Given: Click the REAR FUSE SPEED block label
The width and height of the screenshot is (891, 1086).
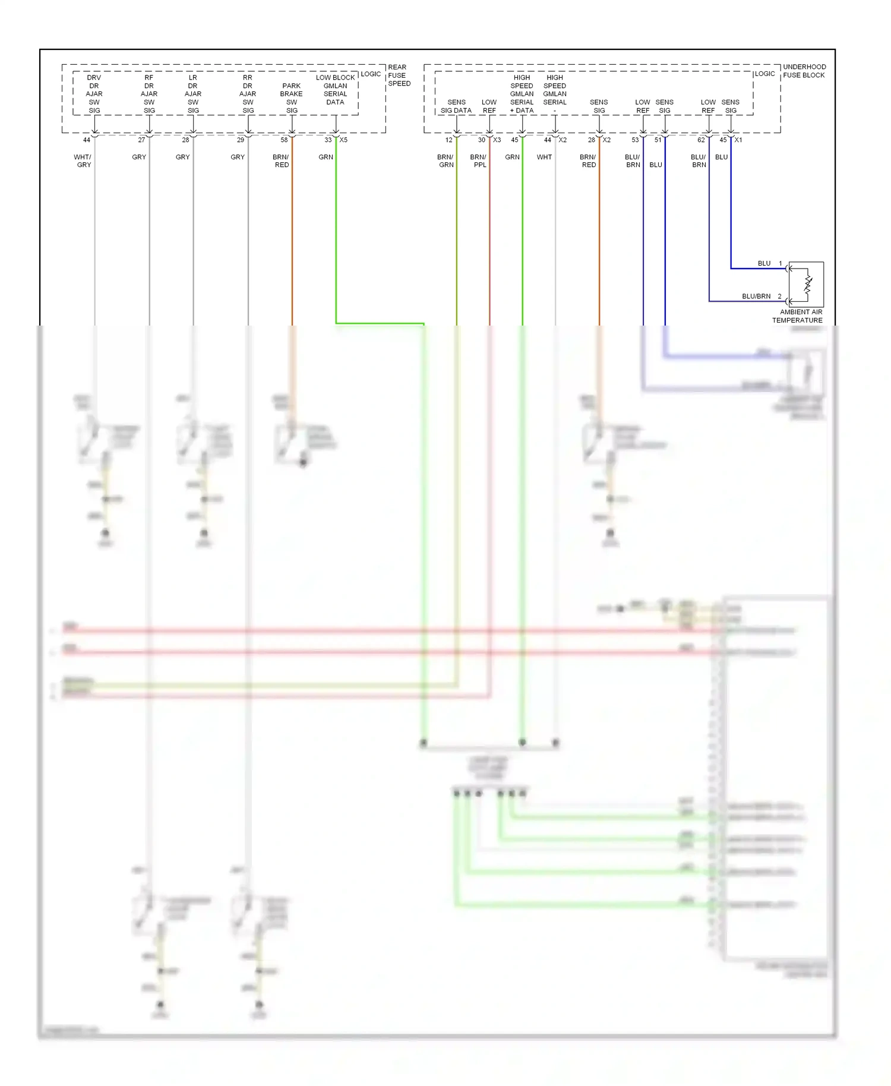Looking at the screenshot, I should tap(399, 75).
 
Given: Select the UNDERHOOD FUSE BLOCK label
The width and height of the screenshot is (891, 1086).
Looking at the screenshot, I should tap(804, 71).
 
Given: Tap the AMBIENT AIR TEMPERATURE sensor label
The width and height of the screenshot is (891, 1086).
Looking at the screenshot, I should tap(798, 316).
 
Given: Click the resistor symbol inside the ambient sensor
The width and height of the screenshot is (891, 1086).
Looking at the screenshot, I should tap(808, 284).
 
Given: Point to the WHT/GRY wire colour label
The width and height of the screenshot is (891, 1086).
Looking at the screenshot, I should tap(83, 161).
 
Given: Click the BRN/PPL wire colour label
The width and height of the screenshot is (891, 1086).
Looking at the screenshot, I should tap(479, 161).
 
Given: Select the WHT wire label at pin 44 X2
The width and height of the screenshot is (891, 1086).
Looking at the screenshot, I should tap(544, 157).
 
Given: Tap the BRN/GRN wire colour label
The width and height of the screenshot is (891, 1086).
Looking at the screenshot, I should tap(445, 161).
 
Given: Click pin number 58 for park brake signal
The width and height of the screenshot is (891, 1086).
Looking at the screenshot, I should tap(284, 140).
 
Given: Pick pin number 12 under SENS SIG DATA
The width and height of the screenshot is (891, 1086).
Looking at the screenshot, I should tap(449, 140).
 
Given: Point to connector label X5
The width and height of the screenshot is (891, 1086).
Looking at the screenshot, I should tap(343, 140).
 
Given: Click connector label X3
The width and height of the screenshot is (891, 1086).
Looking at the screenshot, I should tap(497, 140).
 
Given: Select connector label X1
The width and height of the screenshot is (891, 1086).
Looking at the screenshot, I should tap(738, 140).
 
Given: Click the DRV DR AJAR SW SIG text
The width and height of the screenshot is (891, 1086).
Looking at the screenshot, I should tap(94, 94).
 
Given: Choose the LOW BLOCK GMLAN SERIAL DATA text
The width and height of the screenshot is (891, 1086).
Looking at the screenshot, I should tap(335, 90).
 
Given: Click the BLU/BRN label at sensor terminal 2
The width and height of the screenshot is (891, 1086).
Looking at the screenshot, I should tap(756, 296).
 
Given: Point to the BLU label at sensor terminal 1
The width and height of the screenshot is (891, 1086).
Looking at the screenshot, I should tap(764, 263).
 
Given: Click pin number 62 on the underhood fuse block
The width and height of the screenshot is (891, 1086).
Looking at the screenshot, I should tap(701, 140).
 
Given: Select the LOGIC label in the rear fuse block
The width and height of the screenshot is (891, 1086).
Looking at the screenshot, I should tap(371, 74).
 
